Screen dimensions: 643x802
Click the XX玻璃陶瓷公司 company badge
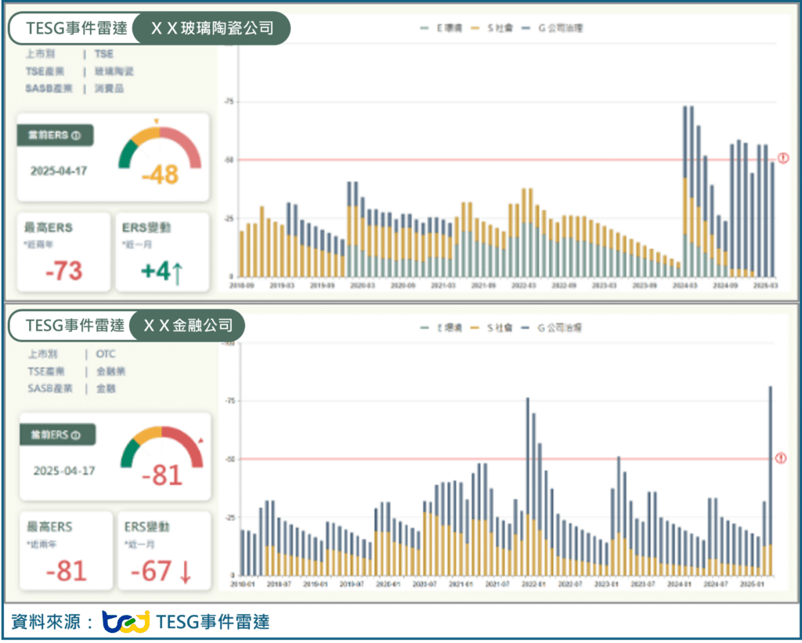pos(211,29)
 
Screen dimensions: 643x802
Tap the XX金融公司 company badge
pos(188,325)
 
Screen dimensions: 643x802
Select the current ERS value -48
pos(161,175)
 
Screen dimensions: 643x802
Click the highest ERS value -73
pos(64,270)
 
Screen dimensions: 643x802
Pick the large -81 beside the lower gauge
pos(162,475)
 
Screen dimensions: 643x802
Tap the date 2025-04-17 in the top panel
pos(59,171)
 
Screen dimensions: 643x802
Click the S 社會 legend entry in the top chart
pos(497,28)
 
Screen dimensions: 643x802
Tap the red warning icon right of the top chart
pos(782,159)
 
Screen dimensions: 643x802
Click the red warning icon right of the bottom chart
pos(780,458)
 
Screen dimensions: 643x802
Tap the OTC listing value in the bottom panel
pos(106,354)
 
